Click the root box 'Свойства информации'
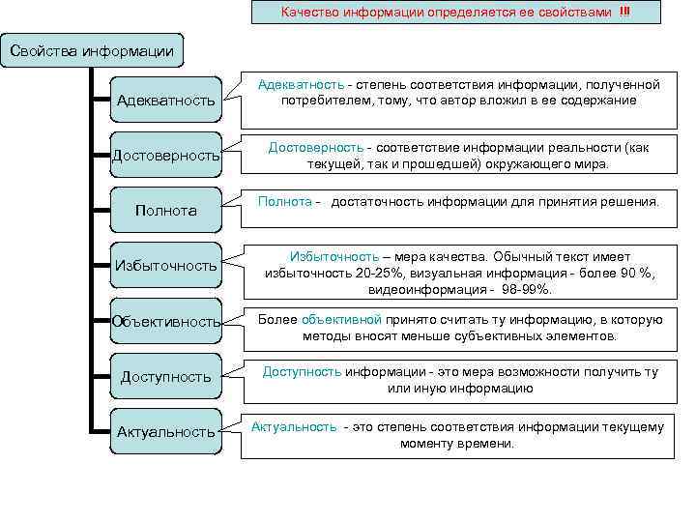coord(92,50)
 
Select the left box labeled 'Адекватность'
coord(165,101)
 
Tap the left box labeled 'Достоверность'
coord(166,156)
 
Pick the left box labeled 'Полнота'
coord(166,210)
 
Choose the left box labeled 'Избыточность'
coord(166,265)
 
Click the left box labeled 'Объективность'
coord(166,321)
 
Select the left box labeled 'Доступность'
coord(166,376)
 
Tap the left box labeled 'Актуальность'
coord(166,431)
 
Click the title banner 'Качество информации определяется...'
coord(454,13)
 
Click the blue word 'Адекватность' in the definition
coord(300,85)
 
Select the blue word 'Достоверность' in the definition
coord(314,147)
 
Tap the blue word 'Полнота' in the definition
coord(284,201)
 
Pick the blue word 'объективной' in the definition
coord(342,319)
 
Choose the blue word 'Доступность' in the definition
coord(302,372)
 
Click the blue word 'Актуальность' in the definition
coord(294,426)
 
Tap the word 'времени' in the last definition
coord(490,443)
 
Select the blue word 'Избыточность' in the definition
coord(334,256)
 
